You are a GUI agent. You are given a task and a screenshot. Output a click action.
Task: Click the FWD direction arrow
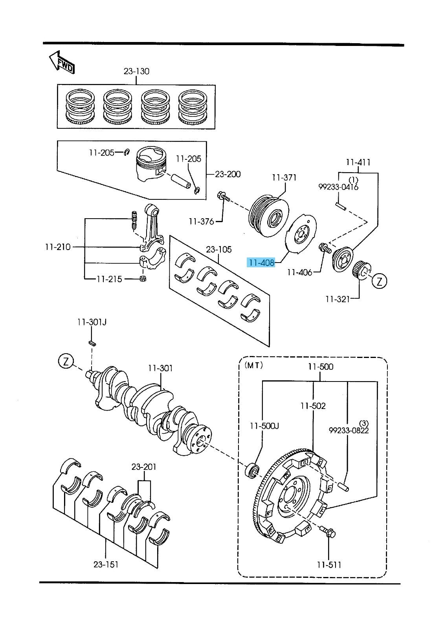coord(62,63)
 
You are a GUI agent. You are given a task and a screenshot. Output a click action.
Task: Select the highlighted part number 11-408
coord(261,263)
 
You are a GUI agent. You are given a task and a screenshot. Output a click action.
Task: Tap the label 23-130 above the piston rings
coord(136,71)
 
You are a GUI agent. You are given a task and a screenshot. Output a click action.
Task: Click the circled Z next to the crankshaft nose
coord(66,361)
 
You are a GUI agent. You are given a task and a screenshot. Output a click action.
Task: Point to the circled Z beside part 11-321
coord(380,281)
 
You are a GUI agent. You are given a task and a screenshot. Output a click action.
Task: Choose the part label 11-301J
coord(92,322)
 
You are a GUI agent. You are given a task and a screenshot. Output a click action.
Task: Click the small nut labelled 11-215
coord(143,278)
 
